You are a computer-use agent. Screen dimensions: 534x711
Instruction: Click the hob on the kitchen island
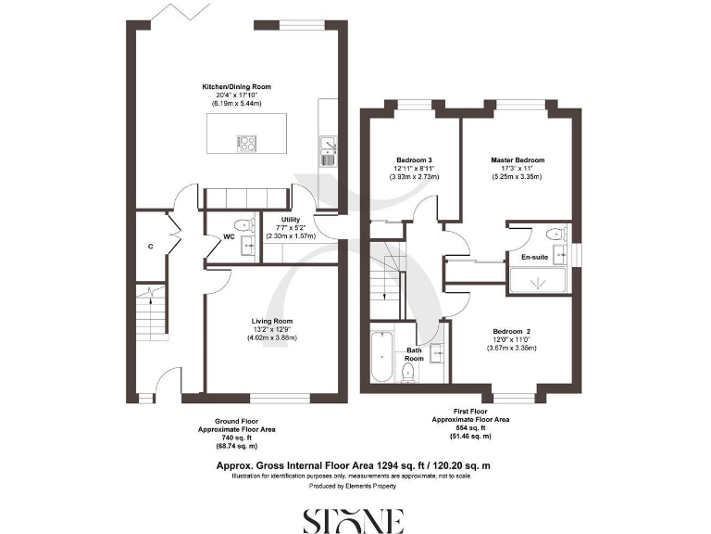click(x=247, y=143)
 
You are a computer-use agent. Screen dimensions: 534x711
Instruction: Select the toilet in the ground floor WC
click(x=243, y=224)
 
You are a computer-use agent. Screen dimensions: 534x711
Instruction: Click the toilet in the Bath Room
click(x=408, y=372)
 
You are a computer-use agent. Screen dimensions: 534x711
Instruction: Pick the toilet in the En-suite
click(x=555, y=234)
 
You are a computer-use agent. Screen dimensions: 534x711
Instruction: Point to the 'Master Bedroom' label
click(x=517, y=159)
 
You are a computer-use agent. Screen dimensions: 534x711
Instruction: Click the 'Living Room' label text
click(x=270, y=321)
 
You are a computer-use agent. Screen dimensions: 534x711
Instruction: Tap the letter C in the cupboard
click(x=150, y=247)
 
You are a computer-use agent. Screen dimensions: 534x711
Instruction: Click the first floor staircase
click(x=386, y=278)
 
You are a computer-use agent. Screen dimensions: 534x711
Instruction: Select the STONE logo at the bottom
click(x=355, y=520)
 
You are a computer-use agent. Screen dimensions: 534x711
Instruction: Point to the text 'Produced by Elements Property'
click(x=355, y=486)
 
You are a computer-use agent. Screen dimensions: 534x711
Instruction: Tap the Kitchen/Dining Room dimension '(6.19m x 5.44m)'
click(x=237, y=103)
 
